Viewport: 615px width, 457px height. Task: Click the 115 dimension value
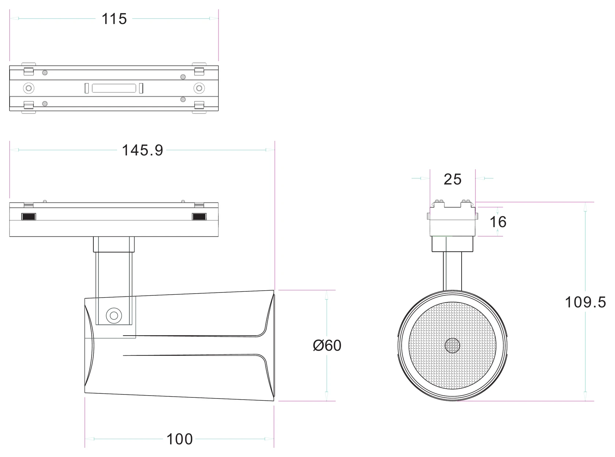pyautogui.click(x=114, y=19)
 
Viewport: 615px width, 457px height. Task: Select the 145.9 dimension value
pyautogui.click(x=142, y=150)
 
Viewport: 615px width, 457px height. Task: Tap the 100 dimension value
pyautogui.click(x=179, y=439)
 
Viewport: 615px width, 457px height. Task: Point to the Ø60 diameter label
pyautogui.click(x=327, y=345)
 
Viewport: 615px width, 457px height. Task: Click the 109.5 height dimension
pyautogui.click(x=585, y=302)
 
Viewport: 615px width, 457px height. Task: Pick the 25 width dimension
pyautogui.click(x=452, y=179)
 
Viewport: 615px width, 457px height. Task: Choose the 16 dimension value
pyautogui.click(x=498, y=222)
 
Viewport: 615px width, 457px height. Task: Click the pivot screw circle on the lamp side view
pyautogui.click(x=114, y=316)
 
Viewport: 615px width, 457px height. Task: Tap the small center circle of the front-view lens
pyautogui.click(x=452, y=345)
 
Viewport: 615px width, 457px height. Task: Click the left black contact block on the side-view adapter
pyautogui.click(x=29, y=216)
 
